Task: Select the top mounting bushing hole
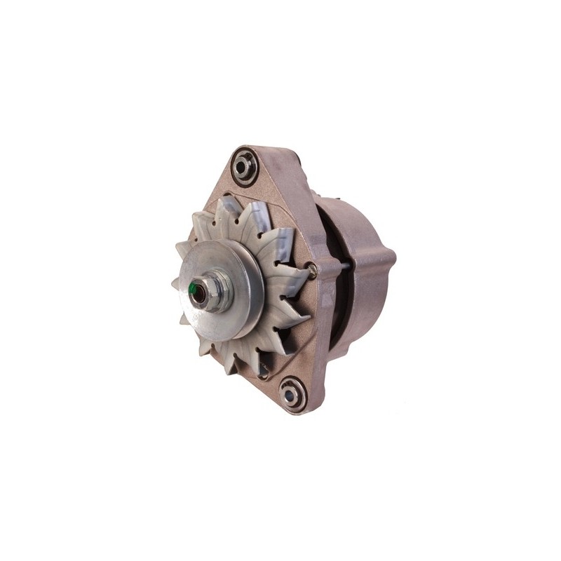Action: click(245, 165)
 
